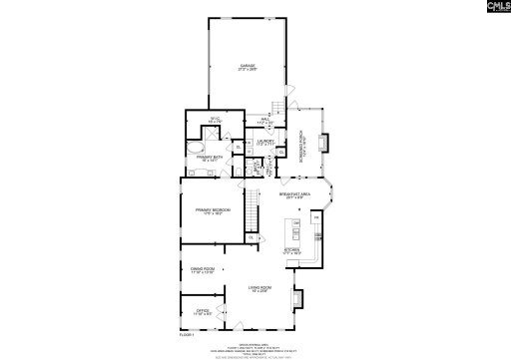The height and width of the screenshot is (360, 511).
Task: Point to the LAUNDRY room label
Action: point(265,143)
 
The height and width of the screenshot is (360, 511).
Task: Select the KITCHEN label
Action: point(293,251)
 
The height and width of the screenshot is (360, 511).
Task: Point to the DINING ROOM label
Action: point(204,269)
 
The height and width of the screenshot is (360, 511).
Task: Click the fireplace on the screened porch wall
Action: point(323,142)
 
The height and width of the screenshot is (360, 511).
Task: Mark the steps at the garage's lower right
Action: point(278,107)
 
